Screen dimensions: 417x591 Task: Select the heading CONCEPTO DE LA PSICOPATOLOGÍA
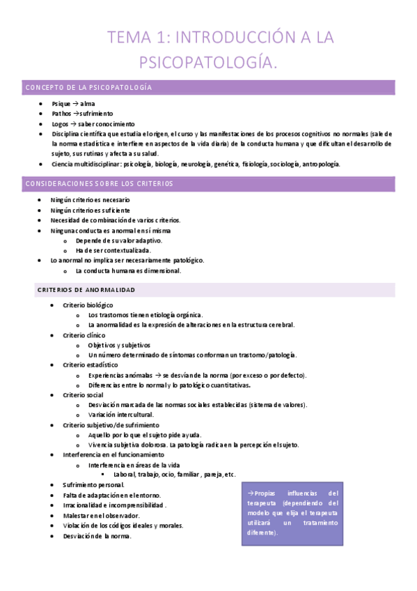(x=88, y=88)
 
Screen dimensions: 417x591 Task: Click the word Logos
(x=61, y=123)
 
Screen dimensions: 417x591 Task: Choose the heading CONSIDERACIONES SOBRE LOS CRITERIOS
(x=99, y=184)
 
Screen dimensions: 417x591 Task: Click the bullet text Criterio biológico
(x=88, y=305)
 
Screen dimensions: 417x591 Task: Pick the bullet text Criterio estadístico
(x=90, y=364)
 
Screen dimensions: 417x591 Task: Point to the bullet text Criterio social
(x=82, y=394)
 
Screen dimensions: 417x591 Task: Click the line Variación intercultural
(x=121, y=415)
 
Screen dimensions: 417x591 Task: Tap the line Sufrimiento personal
(x=93, y=484)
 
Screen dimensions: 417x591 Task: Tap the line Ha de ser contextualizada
(x=113, y=250)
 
